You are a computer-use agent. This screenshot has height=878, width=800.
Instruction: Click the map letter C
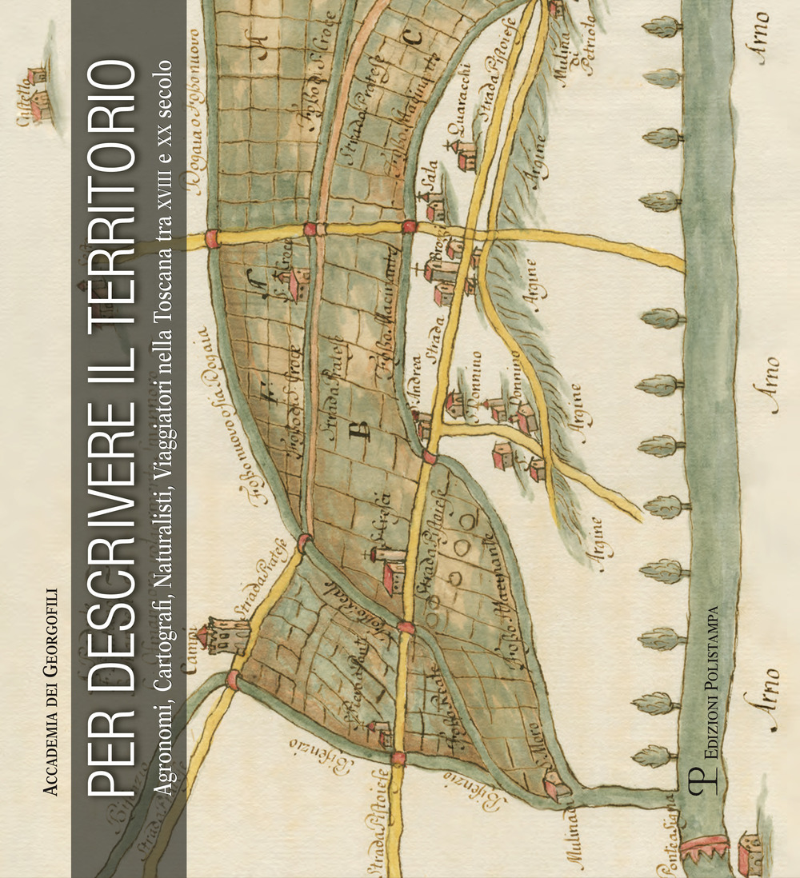[x=413, y=37]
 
